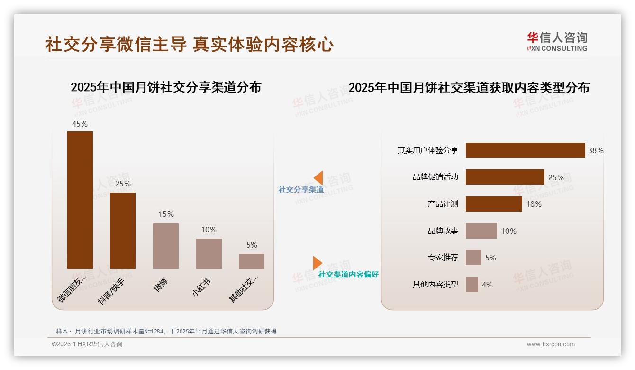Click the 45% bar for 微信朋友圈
(80, 200)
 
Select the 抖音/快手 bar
(123, 231)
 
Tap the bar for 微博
(166, 246)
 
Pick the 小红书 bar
(209, 253)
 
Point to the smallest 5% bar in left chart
(252, 261)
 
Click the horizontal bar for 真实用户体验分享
(525, 150)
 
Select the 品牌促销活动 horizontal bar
(505, 177)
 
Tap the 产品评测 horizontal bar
(494, 204)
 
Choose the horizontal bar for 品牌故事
(481, 231)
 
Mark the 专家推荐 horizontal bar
(473, 258)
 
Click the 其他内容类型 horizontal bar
(472, 285)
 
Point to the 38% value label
(596, 151)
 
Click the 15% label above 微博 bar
(166, 214)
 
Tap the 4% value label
(487, 285)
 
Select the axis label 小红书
(201, 287)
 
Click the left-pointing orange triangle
(318, 178)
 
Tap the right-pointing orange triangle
(317, 263)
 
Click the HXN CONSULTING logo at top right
(557, 42)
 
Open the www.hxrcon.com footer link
(551, 344)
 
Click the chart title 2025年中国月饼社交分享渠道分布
(166, 87)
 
